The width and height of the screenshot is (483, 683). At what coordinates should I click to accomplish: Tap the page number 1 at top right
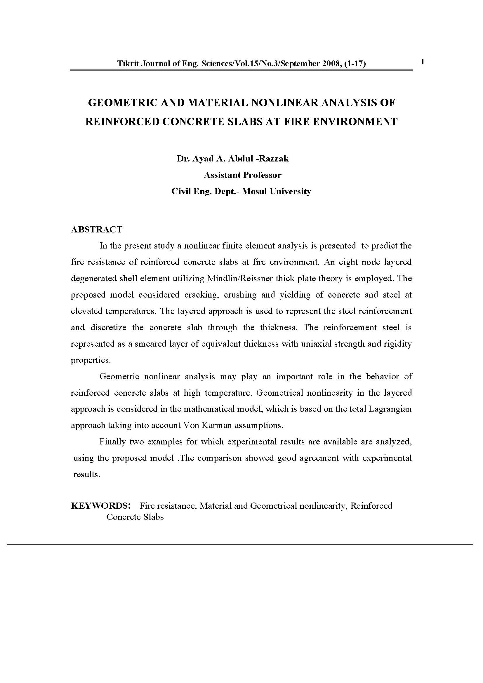point(423,62)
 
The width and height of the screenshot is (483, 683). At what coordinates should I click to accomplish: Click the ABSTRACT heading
point(96,229)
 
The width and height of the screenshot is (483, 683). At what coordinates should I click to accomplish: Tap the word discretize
point(108,328)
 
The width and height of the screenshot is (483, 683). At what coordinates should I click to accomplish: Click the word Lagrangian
point(390,409)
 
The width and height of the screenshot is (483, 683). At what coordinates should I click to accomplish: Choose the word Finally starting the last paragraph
point(112,442)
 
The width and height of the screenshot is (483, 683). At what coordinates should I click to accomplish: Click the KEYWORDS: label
point(100,506)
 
